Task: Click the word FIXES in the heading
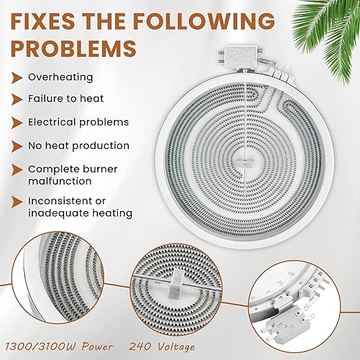tap(43, 21)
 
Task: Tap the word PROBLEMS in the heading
tap(74, 48)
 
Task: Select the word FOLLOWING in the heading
tap(204, 21)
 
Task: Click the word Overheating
tap(61, 77)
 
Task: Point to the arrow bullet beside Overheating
tap(17, 77)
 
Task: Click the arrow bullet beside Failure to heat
tap(17, 99)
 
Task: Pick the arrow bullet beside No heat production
tap(17, 146)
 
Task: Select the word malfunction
tap(60, 181)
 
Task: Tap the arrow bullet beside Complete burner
tap(17, 170)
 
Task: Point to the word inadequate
tap(59, 213)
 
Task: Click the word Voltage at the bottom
tap(177, 347)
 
